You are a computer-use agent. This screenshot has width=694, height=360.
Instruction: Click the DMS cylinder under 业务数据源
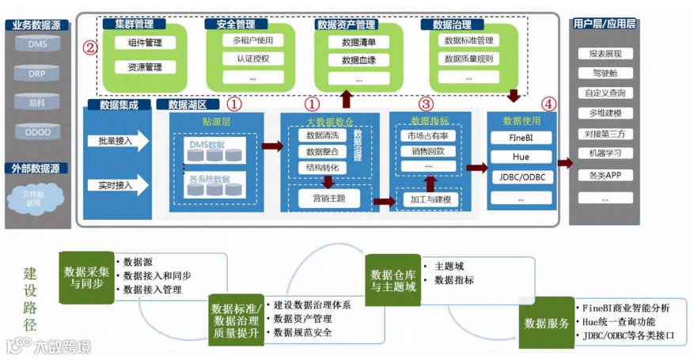38,45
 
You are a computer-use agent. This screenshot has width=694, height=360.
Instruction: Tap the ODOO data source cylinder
38,132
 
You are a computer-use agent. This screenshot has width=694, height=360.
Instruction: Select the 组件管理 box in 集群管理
145,44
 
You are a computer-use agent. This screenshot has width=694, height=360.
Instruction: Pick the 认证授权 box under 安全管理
253,59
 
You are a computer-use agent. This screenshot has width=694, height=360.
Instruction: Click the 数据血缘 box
358,60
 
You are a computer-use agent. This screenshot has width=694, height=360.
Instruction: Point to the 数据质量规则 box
468,59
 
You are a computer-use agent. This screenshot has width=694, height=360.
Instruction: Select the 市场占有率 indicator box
428,136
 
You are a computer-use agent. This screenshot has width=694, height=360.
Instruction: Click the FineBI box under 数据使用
521,138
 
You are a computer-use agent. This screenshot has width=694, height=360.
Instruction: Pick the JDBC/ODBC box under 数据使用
521,177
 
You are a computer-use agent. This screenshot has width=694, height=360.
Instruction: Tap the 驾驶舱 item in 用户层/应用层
605,74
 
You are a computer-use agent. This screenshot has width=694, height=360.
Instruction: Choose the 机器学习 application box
605,153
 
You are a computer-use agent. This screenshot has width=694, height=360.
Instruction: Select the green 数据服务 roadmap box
546,323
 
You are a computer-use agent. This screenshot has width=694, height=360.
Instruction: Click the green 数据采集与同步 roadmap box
86,277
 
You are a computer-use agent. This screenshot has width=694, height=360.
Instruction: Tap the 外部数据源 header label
36,169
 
